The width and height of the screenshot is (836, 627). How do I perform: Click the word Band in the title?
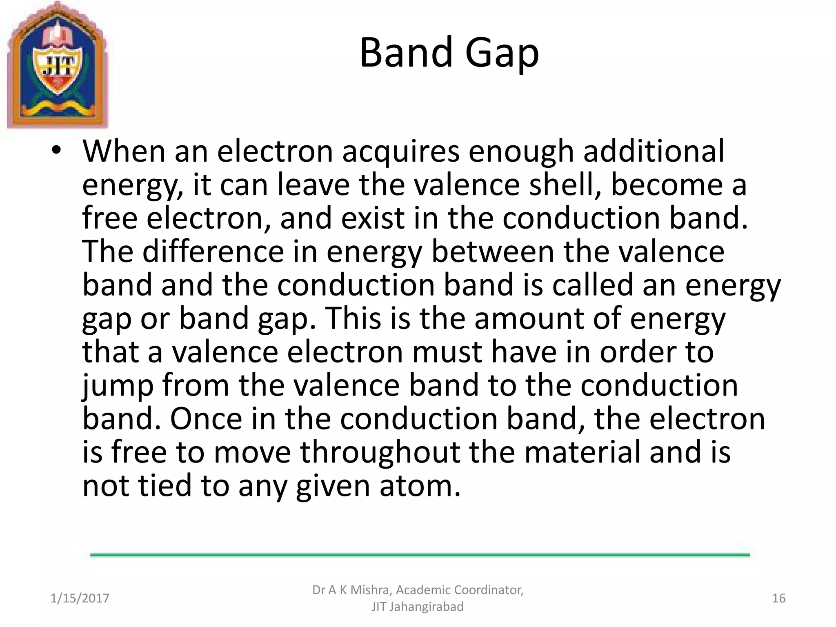click(406, 53)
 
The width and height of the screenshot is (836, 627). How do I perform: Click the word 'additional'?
click(653, 151)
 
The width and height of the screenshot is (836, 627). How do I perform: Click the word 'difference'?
click(213, 251)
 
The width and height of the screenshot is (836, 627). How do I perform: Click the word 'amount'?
click(529, 318)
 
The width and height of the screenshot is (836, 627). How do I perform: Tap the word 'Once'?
click(206, 419)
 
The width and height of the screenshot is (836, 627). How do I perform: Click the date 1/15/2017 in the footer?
click(80, 598)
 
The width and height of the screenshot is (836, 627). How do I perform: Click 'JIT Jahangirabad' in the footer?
click(417, 607)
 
